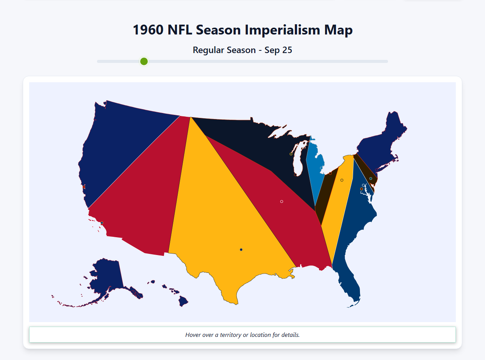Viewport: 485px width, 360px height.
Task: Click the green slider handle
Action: pyautogui.click(x=144, y=61)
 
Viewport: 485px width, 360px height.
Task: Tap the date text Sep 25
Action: pyautogui.click(x=278, y=50)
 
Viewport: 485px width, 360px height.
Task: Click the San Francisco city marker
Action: pyautogui.click(x=84, y=187)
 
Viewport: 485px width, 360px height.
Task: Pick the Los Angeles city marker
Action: pyautogui.click(x=102, y=223)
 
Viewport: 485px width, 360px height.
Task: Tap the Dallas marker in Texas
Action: pyautogui.click(x=241, y=249)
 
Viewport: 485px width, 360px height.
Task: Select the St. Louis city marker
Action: pyautogui.click(x=282, y=202)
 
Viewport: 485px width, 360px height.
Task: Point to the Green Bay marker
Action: pyautogui.click(x=291, y=154)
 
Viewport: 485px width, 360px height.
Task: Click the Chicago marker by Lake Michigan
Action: pyautogui.click(x=296, y=175)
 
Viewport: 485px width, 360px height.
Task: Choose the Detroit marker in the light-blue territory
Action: pyautogui.click(x=321, y=168)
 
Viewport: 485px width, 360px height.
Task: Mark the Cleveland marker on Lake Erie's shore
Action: pyautogui.click(x=330, y=173)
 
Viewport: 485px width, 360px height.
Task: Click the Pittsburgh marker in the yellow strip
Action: pyautogui.click(x=342, y=180)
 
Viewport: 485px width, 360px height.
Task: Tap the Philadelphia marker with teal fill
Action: pyautogui.click(x=371, y=178)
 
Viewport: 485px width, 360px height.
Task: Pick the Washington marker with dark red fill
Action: pyautogui.click(x=361, y=189)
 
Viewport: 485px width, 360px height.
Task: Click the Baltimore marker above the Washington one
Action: pyautogui.click(x=363, y=185)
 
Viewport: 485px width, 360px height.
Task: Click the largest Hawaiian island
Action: pyautogui.click(x=183, y=301)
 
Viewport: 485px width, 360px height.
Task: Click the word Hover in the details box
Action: pyautogui.click(x=194, y=335)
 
